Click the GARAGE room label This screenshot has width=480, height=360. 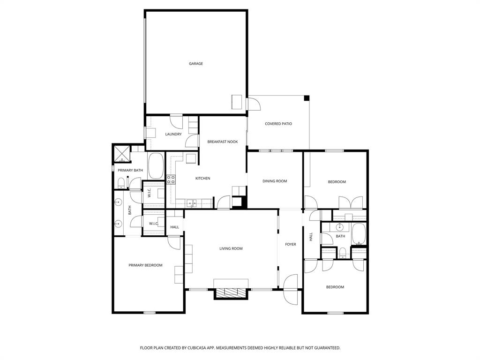tap(196, 64)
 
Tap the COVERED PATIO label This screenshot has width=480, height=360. tap(278, 124)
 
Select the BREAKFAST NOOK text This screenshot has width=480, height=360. tap(223, 142)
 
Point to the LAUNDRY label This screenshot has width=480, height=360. tap(173, 135)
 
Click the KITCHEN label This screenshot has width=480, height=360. tap(202, 178)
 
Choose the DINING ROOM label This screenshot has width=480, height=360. tap(275, 181)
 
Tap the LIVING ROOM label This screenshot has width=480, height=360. tap(231, 248)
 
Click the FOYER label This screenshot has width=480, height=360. tap(291, 244)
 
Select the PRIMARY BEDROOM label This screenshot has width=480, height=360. tap(145, 265)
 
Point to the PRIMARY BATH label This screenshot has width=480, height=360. tap(130, 170)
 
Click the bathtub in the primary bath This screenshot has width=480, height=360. tap(156, 165)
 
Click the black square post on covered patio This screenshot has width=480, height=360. tap(307, 98)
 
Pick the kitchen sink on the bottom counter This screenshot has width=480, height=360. tap(191, 203)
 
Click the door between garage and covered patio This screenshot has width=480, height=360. tap(254, 104)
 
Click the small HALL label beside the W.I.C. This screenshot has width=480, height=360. tap(174, 227)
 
